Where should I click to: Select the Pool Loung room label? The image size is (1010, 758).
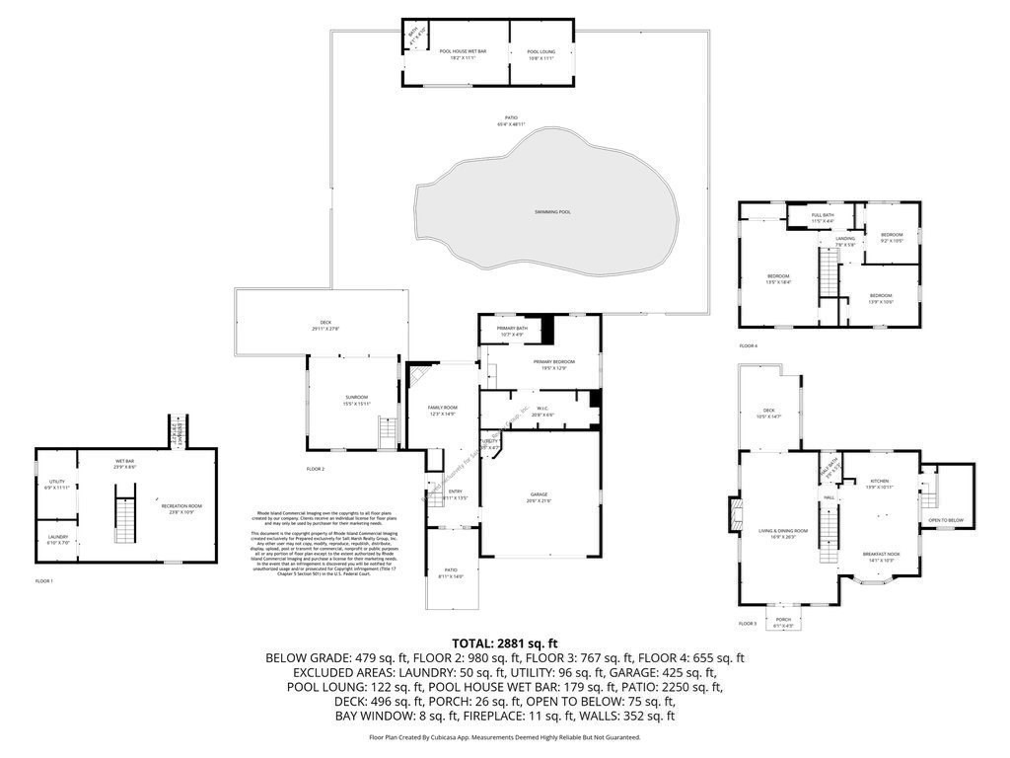tap(541, 53)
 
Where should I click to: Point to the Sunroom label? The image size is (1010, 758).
tap(342, 400)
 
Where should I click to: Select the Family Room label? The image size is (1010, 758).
tap(442, 410)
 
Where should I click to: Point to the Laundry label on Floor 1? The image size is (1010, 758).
tap(57, 539)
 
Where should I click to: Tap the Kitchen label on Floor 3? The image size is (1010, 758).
tap(879, 484)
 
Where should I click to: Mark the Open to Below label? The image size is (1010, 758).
tap(945, 520)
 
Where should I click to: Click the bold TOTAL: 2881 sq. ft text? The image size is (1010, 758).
tap(504, 642)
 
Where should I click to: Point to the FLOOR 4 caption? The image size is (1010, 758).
tap(749, 345)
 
